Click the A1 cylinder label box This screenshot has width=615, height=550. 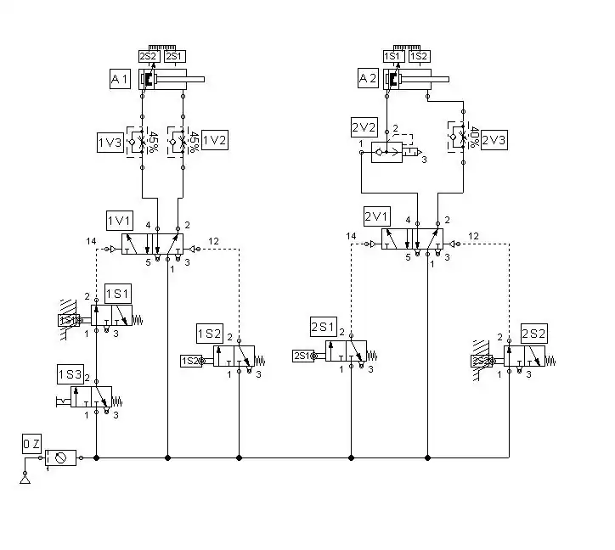tap(119, 80)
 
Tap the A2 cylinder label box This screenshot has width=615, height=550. tap(366, 80)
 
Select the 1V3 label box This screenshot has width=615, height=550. tap(110, 141)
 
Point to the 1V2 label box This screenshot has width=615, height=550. tap(216, 140)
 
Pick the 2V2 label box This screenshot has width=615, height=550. tap(363, 129)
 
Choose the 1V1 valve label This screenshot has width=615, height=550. tap(119, 221)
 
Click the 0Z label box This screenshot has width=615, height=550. tap(31, 444)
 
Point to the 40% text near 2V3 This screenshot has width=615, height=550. tap(474, 137)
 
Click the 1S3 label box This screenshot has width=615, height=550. tap(70, 375)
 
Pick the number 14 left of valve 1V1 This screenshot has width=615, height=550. tap(91, 242)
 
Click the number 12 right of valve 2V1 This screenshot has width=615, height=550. tap(474, 235)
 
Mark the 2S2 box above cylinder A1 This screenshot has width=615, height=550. tap(149, 56)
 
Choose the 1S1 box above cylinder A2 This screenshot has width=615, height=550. tap(393, 56)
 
